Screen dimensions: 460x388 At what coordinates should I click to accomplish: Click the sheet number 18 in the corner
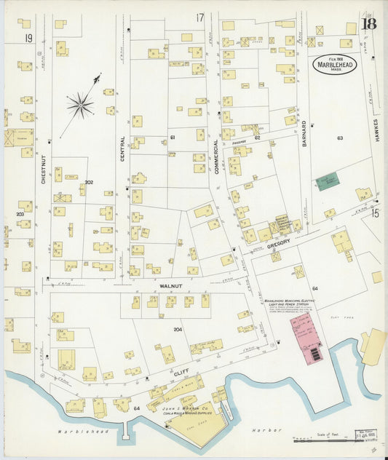369,23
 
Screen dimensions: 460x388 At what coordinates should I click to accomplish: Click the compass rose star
80,106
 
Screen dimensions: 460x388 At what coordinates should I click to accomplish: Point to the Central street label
122,148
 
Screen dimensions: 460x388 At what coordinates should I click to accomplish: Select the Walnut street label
170,287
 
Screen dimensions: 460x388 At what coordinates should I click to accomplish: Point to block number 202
88,182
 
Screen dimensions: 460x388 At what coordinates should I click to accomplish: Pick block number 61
173,137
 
